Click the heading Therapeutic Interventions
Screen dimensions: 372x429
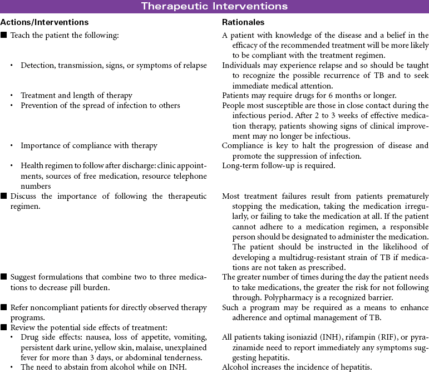[214, 7]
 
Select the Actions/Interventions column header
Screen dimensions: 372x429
[45, 23]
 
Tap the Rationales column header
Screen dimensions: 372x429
[243, 23]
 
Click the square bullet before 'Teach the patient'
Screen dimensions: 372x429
[4, 35]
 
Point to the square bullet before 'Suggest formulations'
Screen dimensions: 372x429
[4, 277]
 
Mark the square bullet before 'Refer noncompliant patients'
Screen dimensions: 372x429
[4, 307]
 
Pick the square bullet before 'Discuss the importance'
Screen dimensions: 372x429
[4, 197]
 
